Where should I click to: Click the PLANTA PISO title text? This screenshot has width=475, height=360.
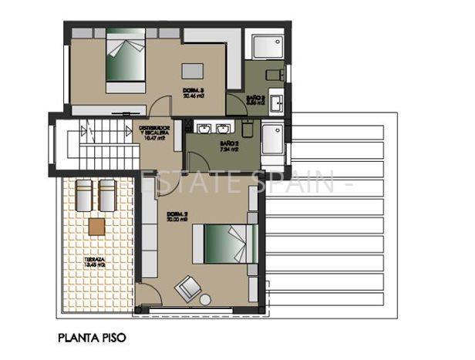[90, 337]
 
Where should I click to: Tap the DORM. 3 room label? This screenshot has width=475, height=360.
[193, 93]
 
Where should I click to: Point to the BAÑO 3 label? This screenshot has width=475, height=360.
[257, 99]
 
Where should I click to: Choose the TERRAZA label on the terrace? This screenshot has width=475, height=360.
[96, 262]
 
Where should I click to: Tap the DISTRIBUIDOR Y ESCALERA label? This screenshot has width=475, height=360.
[154, 133]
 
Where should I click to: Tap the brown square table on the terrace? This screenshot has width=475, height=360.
[96, 226]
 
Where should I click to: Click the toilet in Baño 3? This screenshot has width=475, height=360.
[274, 73]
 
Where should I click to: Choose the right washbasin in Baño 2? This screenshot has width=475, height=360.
[224, 127]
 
